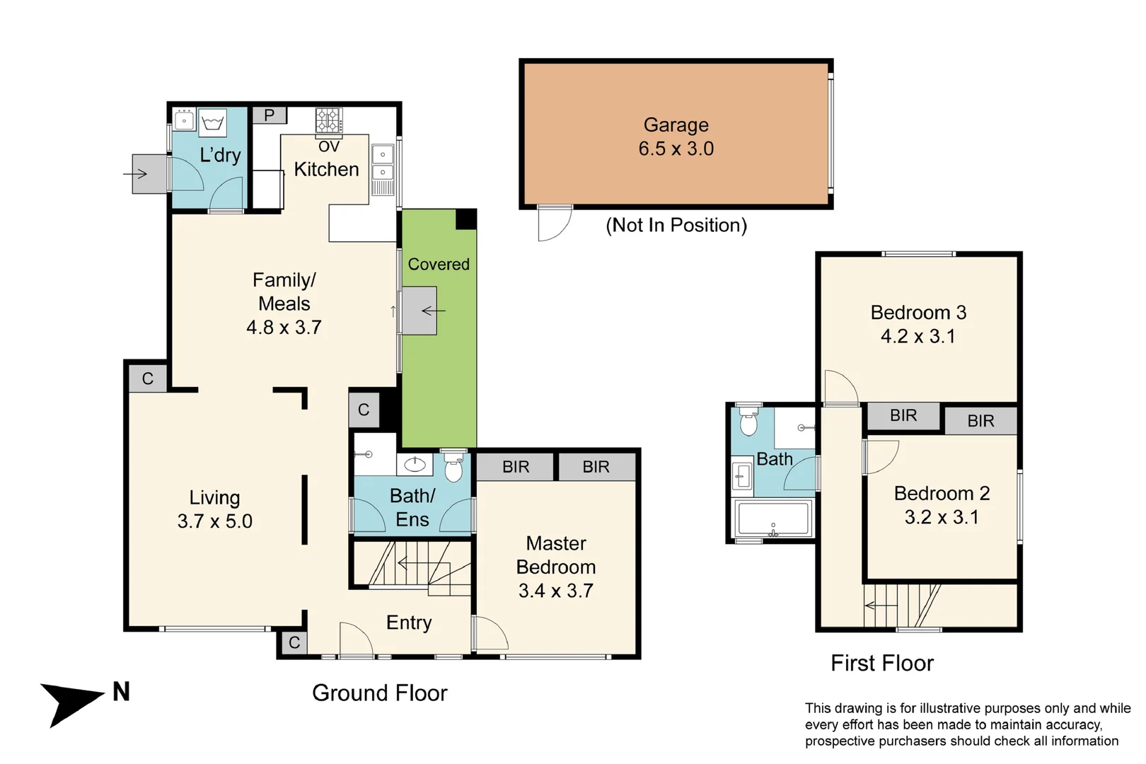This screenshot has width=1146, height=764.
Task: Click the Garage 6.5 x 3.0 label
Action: (676, 137)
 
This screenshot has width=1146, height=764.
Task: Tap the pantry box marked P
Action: (270, 115)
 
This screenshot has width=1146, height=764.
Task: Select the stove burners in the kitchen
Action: (329, 121)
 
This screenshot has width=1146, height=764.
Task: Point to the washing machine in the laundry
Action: (212, 123)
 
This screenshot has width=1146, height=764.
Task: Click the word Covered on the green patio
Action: (439, 264)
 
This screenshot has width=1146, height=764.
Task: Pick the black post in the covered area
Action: (466, 219)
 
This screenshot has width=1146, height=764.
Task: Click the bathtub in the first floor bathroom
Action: (773, 519)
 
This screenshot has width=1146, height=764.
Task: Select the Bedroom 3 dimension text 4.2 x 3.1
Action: (918, 336)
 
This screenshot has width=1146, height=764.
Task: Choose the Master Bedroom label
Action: (556, 555)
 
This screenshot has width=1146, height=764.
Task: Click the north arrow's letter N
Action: (121, 691)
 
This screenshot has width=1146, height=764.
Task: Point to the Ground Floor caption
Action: (380, 693)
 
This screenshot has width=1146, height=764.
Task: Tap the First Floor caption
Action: (882, 663)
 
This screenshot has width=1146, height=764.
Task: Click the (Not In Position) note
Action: (676, 225)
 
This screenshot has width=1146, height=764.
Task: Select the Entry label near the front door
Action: (409, 623)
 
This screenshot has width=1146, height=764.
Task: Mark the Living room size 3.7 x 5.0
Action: (215, 521)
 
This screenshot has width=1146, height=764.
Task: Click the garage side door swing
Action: (555, 224)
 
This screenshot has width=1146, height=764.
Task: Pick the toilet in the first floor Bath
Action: (748, 421)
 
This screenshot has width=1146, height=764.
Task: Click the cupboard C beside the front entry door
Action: (294, 642)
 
